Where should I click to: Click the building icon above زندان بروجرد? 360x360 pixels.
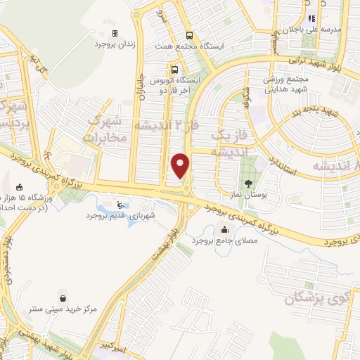[116, 33]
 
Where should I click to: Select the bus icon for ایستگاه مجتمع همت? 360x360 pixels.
[189, 35]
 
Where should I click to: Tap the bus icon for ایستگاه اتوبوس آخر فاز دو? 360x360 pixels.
[174, 70]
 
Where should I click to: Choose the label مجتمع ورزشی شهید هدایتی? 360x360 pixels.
[288, 85]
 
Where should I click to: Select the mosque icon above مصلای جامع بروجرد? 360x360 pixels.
[224, 229]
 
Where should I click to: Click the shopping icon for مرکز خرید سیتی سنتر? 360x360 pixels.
[65, 297]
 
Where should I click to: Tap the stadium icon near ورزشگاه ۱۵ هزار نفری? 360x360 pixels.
[19, 187]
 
